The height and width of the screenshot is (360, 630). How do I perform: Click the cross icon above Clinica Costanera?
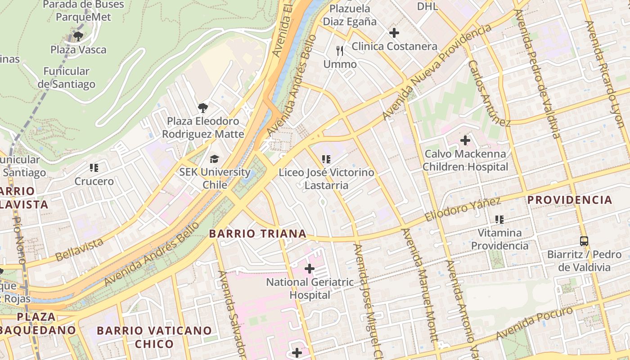[394, 33]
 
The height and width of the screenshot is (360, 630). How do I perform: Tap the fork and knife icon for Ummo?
[340, 50]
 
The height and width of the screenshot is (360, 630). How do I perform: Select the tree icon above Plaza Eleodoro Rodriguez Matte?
[203, 108]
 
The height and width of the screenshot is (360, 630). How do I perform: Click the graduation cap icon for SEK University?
[215, 159]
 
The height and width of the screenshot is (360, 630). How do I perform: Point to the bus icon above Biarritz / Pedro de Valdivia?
[584, 241]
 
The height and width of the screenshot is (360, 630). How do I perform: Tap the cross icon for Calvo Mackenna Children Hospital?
[465, 140]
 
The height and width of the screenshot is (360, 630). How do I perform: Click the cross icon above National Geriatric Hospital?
[310, 269]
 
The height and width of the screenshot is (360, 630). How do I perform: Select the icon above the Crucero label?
[94, 168]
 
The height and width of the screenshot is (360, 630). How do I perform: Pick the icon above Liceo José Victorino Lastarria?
[326, 159]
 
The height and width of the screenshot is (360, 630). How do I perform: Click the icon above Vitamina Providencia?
[499, 219]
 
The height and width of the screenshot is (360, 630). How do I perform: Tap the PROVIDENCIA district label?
[570, 200]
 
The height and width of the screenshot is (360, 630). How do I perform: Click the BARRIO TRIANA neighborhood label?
[258, 234]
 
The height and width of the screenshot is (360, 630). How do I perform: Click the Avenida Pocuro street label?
[535, 323]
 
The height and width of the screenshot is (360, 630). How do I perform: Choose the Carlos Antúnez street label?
[489, 94]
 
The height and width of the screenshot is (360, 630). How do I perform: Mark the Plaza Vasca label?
[78, 49]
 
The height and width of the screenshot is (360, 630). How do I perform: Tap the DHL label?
[427, 6]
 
